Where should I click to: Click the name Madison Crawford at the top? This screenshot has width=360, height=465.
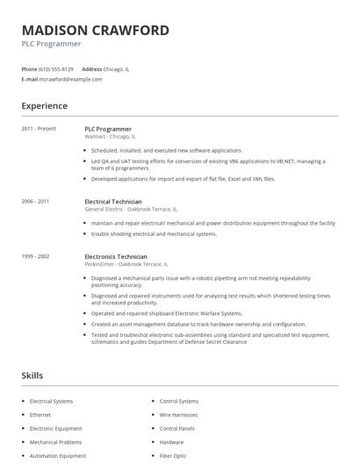coord(95,30)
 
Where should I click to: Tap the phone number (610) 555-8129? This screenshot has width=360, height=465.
coord(55,68)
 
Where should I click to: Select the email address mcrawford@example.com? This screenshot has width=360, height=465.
coord(70,79)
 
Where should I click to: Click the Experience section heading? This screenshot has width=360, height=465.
coord(44,106)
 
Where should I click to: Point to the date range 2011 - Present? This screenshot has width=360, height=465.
coord(39,128)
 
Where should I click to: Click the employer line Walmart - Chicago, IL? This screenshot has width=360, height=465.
coord(110,136)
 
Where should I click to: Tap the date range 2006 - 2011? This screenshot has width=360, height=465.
coord(36,201)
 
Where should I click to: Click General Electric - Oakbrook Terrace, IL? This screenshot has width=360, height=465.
coord(130,209)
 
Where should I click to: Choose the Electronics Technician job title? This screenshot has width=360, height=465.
coord(116,256)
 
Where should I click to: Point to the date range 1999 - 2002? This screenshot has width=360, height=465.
coord(36,256)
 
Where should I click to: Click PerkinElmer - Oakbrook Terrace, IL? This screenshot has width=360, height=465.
coord(126,264)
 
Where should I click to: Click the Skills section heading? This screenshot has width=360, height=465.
coord(32,376)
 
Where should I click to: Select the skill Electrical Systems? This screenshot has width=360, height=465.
coord(51,401)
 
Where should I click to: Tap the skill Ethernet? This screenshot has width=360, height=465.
coord(40,414)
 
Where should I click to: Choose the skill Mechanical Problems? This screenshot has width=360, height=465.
coord(55,441)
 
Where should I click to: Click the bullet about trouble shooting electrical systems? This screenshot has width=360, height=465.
coord(154,233)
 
